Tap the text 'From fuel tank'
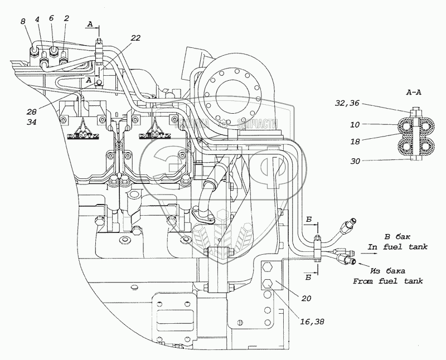point(388,281)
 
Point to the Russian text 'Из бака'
point(387,270)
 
